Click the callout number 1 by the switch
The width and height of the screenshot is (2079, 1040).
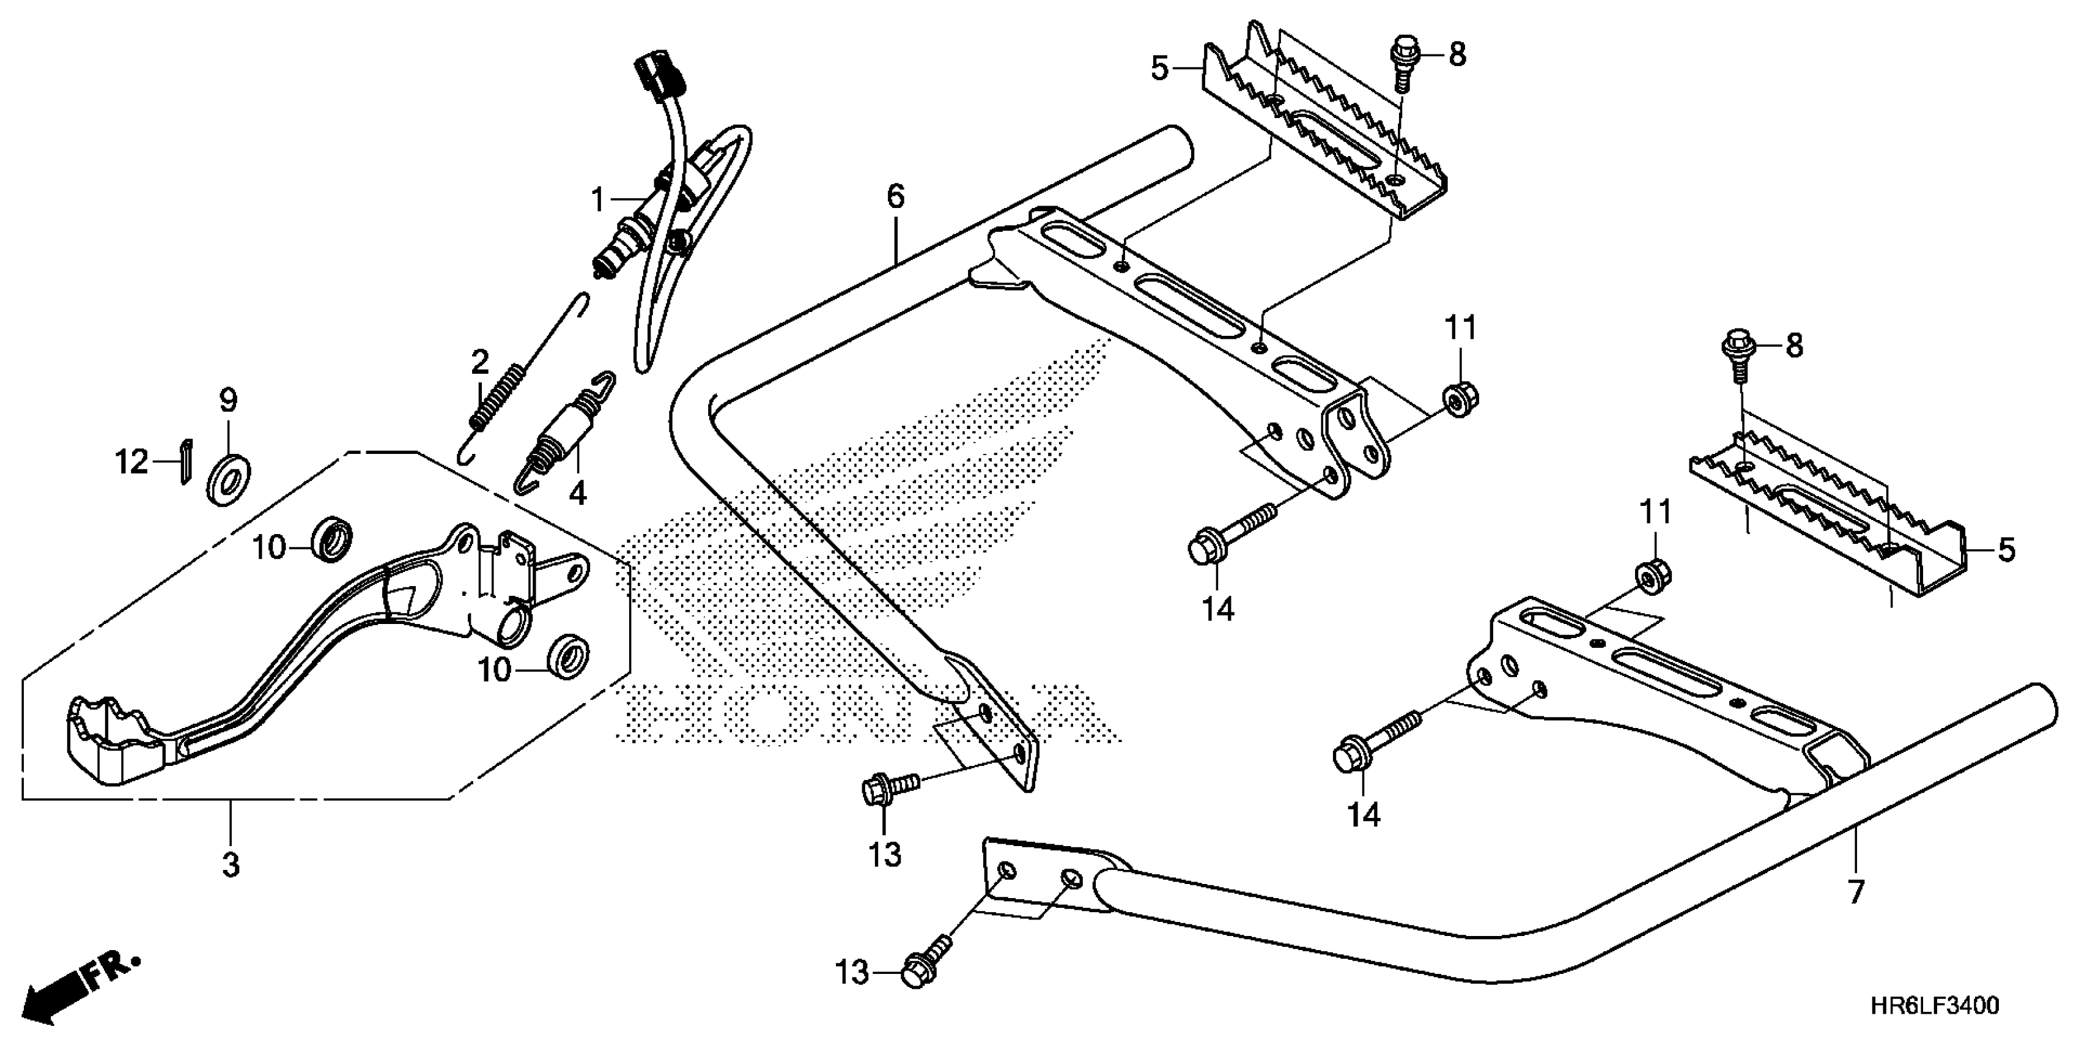coord(597,199)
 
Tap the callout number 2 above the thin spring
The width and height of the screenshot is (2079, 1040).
coord(480,363)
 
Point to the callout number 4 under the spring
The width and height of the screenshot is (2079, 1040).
coord(577,492)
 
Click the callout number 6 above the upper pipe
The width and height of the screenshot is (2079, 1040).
coord(896,196)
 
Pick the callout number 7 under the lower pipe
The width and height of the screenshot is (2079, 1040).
coord(1855,892)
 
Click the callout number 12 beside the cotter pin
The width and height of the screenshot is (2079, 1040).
coord(131,462)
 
